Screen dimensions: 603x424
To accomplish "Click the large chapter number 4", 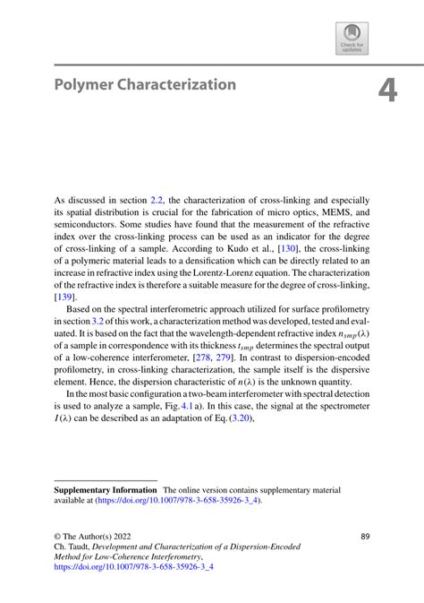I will click(386, 91).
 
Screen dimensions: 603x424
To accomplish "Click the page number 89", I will click(365, 536).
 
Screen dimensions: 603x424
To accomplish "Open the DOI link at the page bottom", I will click(134, 567).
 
